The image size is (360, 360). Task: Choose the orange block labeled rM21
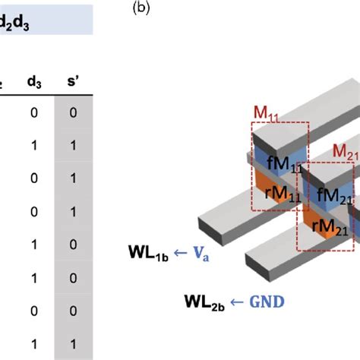(328, 220)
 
